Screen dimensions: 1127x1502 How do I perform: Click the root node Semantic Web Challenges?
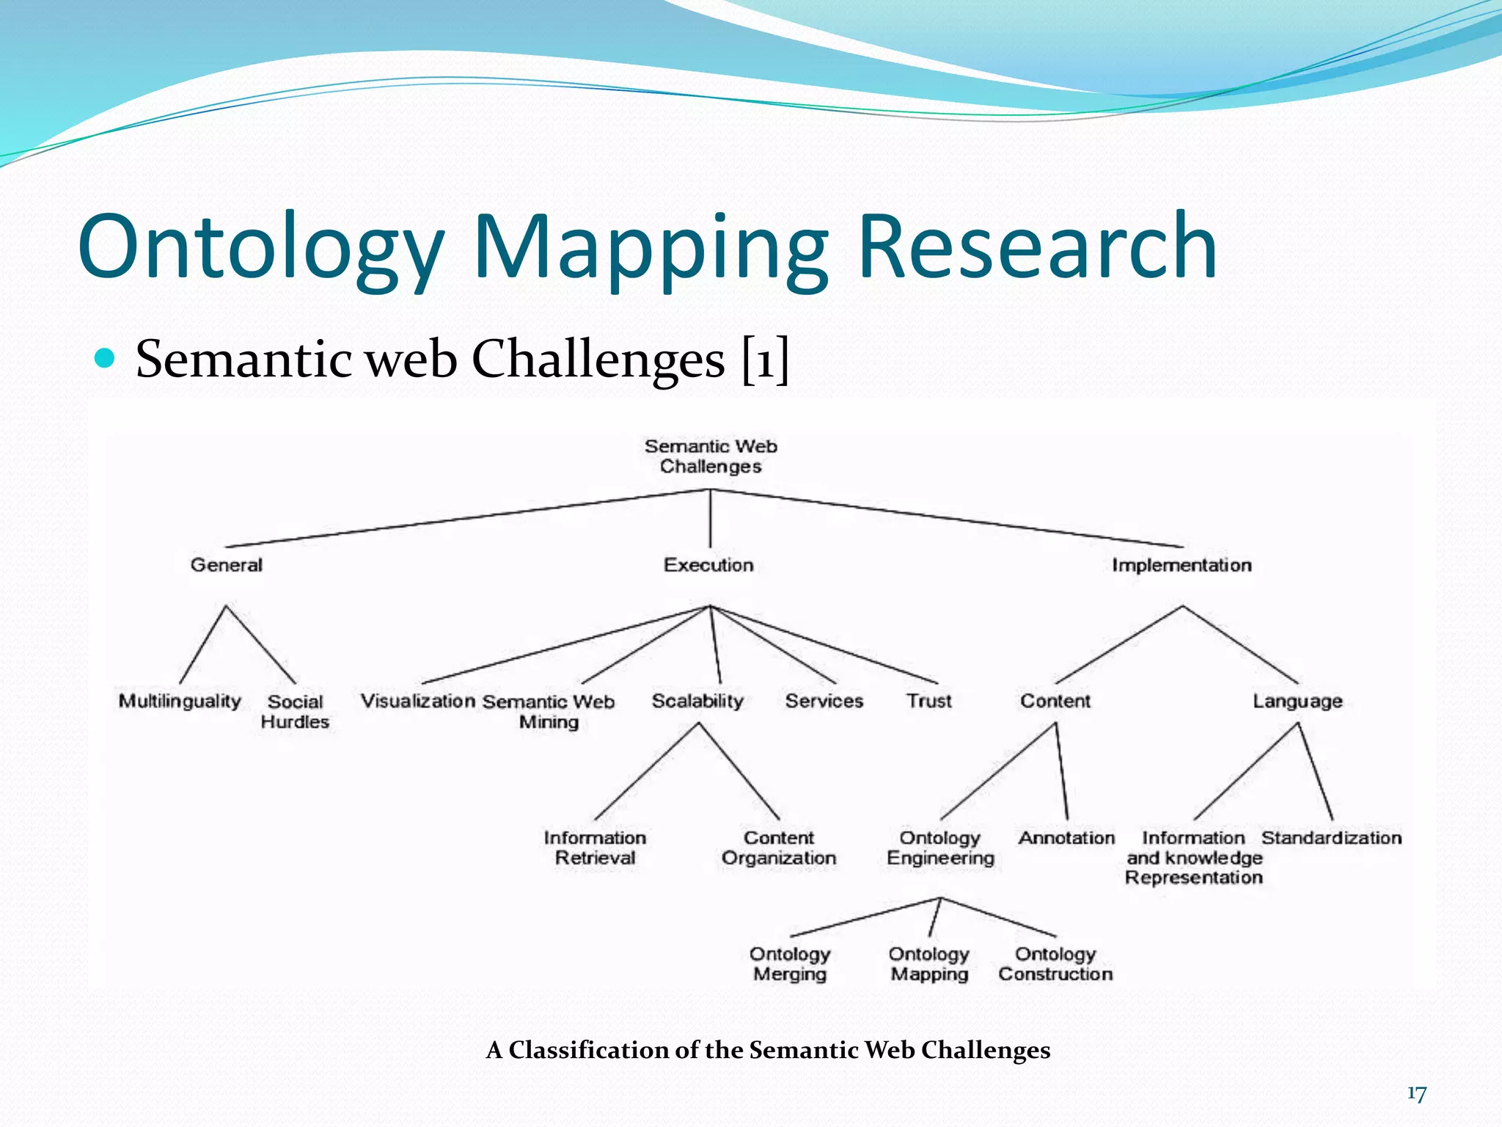(711, 456)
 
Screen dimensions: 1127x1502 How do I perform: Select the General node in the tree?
(226, 565)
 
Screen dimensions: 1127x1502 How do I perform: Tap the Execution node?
(708, 565)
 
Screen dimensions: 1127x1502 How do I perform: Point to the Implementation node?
(1182, 565)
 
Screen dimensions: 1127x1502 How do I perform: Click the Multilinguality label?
(180, 701)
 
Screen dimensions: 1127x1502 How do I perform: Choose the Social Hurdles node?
(295, 712)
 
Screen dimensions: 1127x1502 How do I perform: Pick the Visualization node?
(418, 701)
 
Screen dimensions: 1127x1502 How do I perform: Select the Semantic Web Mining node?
(549, 712)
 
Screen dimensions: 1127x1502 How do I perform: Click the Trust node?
(928, 701)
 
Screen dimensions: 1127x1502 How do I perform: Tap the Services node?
(824, 701)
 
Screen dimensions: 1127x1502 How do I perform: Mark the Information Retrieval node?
(595, 848)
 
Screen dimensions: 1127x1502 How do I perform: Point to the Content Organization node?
(779, 848)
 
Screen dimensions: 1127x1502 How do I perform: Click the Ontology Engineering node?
(940, 848)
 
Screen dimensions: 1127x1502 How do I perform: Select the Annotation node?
(1066, 838)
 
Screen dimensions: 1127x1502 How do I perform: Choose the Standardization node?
(1331, 838)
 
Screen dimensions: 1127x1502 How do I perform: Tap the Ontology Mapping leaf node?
(929, 964)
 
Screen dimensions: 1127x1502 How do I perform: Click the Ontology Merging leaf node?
(790, 964)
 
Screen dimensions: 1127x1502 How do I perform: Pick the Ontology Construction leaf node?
(1055, 964)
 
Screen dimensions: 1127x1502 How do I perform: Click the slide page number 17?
(1416, 1094)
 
